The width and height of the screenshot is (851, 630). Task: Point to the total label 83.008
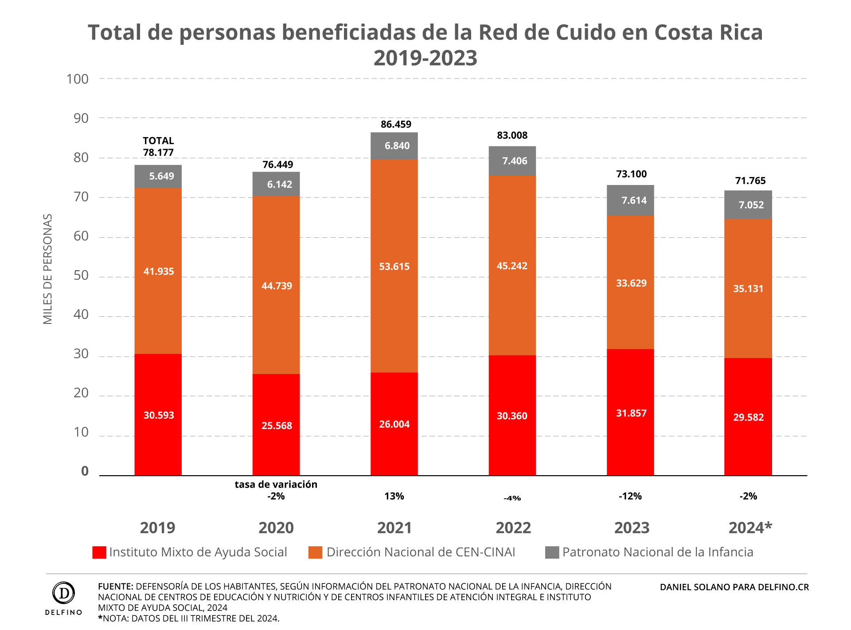click(x=512, y=135)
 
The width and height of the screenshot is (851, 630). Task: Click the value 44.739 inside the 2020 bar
click(x=277, y=286)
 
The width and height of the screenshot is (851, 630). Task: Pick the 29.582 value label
click(x=748, y=417)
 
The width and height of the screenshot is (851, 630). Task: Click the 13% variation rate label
click(x=394, y=496)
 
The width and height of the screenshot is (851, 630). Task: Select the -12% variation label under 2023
click(x=630, y=496)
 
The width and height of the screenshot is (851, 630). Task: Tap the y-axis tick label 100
click(x=77, y=79)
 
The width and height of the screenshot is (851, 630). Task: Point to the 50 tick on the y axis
click(x=81, y=276)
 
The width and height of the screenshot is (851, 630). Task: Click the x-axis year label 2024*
click(x=750, y=528)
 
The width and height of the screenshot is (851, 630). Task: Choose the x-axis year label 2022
click(x=513, y=528)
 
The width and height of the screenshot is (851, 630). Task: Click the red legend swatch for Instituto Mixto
click(x=99, y=552)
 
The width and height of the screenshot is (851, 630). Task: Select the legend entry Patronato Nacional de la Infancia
click(x=657, y=552)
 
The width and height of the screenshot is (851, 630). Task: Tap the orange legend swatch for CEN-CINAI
click(x=315, y=552)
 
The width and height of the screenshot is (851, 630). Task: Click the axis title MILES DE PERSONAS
click(x=48, y=269)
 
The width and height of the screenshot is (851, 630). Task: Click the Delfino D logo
click(x=63, y=593)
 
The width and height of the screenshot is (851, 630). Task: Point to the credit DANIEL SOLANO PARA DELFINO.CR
click(x=734, y=587)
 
